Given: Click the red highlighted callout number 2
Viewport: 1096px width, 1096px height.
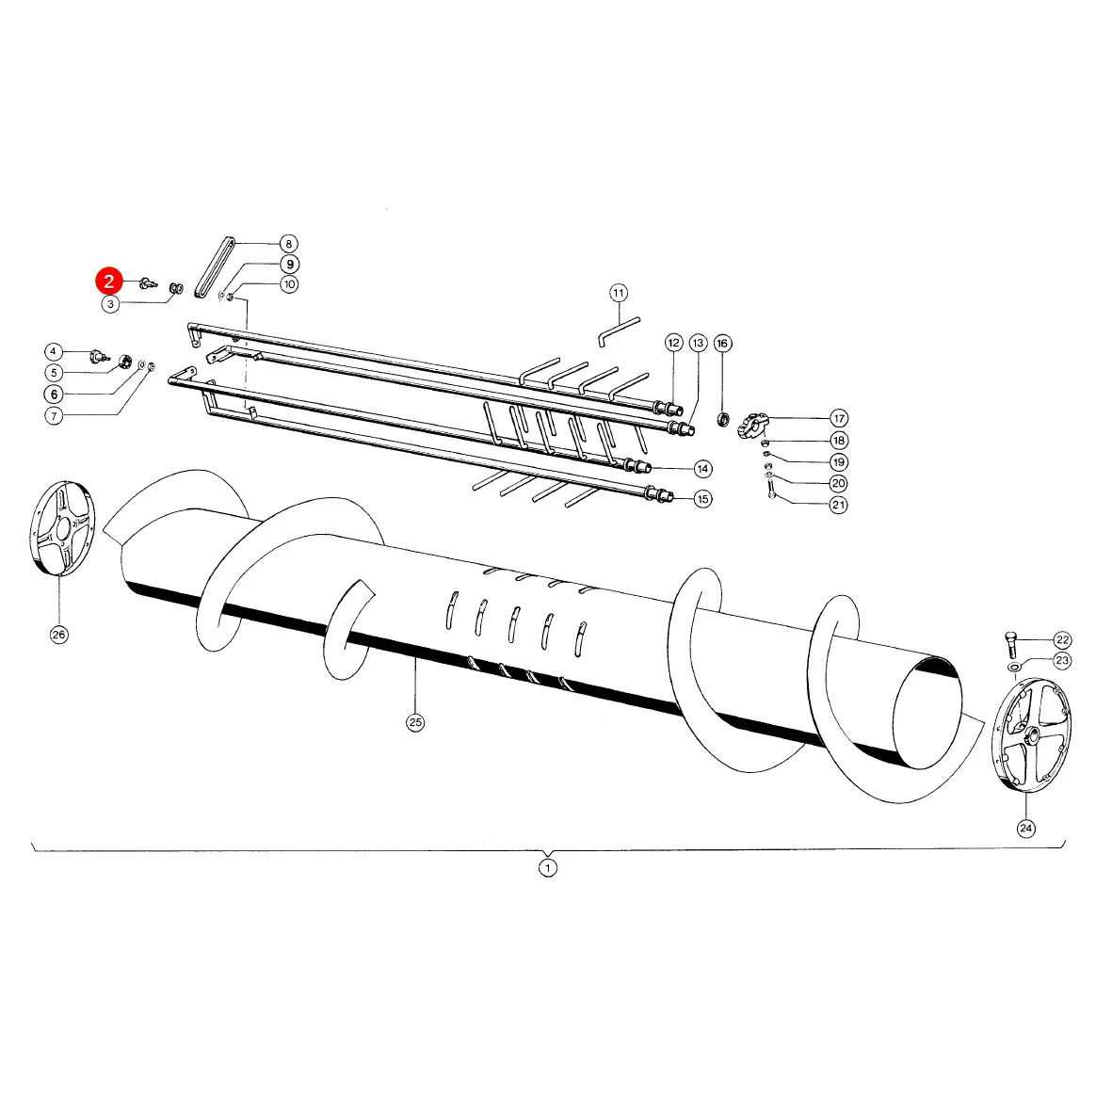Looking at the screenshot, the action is [x=109, y=281].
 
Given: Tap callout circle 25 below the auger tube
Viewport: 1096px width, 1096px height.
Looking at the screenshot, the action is [x=415, y=722].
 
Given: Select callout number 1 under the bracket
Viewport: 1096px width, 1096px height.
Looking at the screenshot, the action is [x=548, y=867].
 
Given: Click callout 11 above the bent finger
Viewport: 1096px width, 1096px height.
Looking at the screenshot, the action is [x=619, y=293].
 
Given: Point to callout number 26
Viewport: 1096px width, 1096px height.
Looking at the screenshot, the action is [x=58, y=635].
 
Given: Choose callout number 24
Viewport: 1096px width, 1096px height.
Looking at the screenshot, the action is [x=1025, y=829].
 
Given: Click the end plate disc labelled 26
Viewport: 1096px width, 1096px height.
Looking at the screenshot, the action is [x=62, y=528].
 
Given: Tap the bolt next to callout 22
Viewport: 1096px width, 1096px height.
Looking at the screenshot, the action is [x=1010, y=642].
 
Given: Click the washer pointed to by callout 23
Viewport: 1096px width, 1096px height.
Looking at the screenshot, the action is [x=1014, y=668].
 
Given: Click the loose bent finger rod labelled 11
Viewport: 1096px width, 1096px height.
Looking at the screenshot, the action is [x=619, y=331].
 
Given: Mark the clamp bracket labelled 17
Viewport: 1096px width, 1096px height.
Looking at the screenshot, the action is [x=752, y=426].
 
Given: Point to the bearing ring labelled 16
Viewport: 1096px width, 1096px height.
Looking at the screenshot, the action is [x=723, y=419].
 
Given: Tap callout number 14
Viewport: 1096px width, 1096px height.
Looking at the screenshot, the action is [x=703, y=468].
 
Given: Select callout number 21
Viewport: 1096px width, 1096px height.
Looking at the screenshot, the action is [x=838, y=505].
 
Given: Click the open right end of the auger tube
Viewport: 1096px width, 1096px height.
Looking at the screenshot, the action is [x=928, y=712].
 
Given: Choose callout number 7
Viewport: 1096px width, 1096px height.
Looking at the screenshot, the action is [x=54, y=416].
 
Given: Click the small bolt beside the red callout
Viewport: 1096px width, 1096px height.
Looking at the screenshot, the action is [x=148, y=283].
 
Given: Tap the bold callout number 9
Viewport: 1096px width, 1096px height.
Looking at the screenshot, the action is [x=289, y=265].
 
